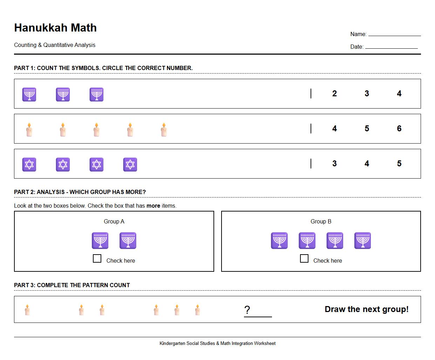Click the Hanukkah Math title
pos(55,28)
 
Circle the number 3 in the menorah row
pos(367,94)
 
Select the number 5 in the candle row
pos(367,129)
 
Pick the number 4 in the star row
pos(367,164)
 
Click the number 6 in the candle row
pos(399,129)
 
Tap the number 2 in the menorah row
pos(334,94)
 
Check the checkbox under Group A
pos(97,258)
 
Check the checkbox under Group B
pos(304,258)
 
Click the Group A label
pos(114,221)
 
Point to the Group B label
pos(321,221)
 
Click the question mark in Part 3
pos(247,310)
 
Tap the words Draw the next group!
pos(366,309)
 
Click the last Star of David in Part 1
pos(130,164)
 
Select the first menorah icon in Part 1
pos(29,94)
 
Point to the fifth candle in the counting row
pos(164,130)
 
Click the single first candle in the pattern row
pos(27,310)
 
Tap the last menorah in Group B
pos(362,241)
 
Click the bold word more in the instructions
pos(153,206)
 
